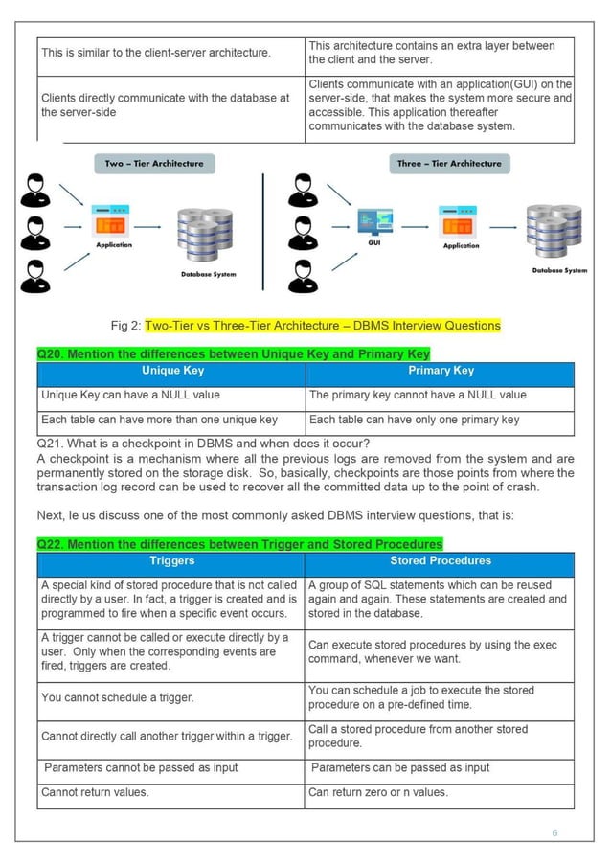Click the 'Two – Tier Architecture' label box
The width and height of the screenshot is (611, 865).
[153, 164]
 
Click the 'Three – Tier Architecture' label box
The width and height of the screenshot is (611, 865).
[448, 164]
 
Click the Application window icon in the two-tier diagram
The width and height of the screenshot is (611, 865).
[112, 222]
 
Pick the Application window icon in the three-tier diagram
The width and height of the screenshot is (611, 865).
[461, 223]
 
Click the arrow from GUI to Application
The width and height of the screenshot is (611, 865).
[417, 227]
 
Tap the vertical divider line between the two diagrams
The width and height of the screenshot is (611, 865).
[263, 229]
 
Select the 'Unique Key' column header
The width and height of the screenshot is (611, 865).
[172, 371]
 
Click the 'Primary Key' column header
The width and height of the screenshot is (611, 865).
[440, 371]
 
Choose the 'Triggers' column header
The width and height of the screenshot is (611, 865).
[172, 561]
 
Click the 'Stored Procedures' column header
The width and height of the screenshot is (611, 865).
[440, 561]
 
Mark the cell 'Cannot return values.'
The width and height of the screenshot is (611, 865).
[95, 793]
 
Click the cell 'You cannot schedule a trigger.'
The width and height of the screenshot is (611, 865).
[117, 698]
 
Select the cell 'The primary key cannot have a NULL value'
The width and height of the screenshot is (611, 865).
[418, 395]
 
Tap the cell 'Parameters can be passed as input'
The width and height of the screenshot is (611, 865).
[400, 767]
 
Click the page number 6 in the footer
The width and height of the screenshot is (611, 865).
[554, 832]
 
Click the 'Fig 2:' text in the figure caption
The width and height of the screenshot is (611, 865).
[125, 326]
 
